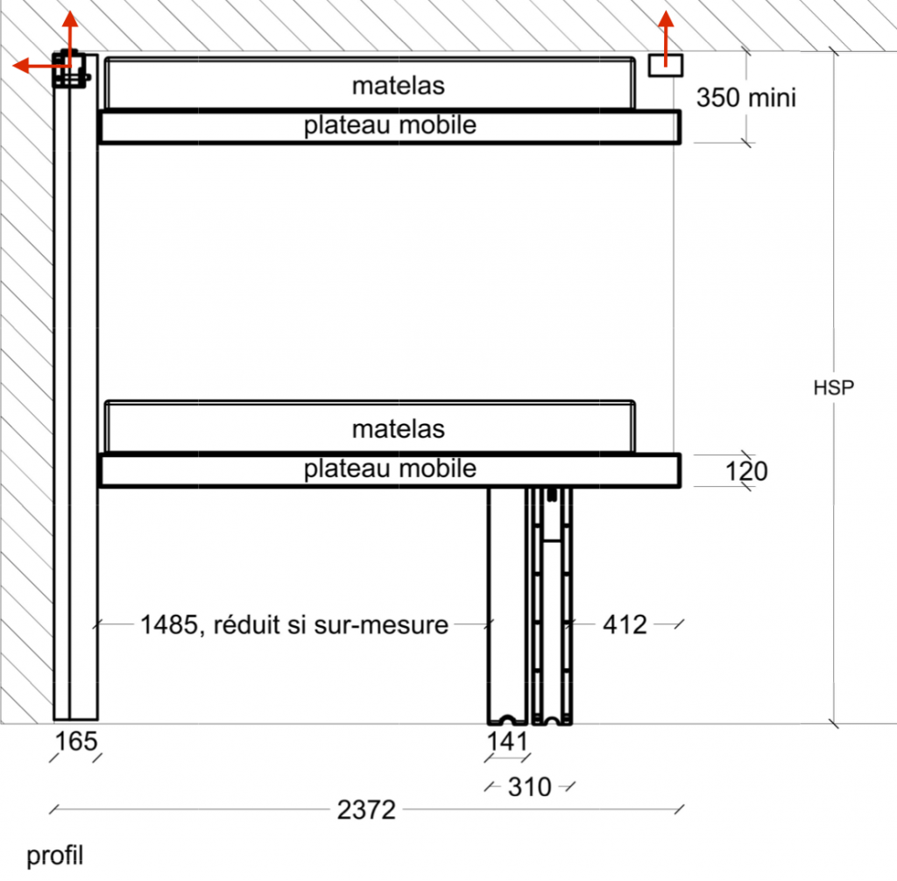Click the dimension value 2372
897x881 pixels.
[366, 810]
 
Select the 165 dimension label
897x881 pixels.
[76, 742]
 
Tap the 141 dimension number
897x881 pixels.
[508, 742]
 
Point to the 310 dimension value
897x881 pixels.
[529, 787]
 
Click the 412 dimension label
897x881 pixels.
[625, 624]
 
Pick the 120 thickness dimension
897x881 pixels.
[746, 472]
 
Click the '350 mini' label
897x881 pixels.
[746, 97]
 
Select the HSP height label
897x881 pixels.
[833, 388]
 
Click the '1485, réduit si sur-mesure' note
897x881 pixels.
[293, 624]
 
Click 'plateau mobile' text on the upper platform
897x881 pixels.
[390, 125]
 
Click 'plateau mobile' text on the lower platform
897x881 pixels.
[390, 469]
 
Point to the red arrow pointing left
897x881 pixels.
[33, 66]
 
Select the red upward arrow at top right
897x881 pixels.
[666, 35]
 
